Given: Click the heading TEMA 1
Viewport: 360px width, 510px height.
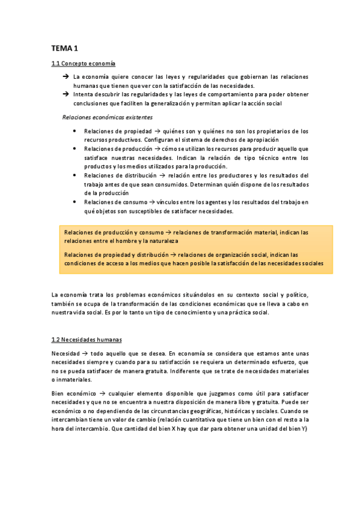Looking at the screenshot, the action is click(x=65, y=48).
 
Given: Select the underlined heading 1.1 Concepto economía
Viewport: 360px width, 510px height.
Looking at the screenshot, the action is click(x=84, y=63).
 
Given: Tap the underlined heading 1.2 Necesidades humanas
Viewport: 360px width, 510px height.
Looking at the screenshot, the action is click(x=87, y=339).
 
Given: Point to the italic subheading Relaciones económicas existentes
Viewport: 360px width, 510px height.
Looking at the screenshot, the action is click(x=108, y=117).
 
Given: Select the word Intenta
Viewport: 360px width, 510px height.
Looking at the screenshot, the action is click(x=84, y=94).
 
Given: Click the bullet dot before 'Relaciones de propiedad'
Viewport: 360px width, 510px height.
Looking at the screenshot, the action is click(x=73, y=131).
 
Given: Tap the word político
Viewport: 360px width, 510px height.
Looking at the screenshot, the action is click(x=294, y=295).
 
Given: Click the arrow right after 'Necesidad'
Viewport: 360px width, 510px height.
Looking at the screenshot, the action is click(x=84, y=353).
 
